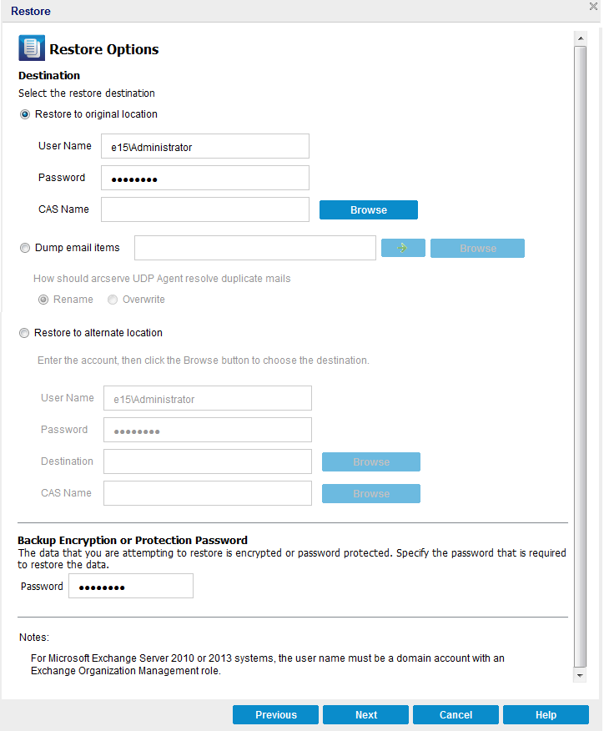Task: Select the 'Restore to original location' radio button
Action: click(25, 114)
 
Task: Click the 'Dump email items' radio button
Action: click(24, 248)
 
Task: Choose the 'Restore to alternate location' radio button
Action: click(24, 333)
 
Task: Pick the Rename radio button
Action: click(43, 300)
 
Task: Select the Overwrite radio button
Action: click(113, 300)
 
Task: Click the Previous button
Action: click(275, 715)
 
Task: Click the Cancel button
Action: click(456, 715)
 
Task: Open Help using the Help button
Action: click(546, 715)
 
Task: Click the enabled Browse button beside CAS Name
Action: click(368, 210)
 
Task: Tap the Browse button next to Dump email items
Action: click(477, 249)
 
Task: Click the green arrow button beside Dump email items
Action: click(403, 248)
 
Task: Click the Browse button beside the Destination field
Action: click(370, 462)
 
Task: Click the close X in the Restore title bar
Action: click(593, 7)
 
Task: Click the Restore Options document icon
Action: click(32, 48)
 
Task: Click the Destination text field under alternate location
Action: click(207, 461)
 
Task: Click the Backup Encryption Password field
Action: click(130, 587)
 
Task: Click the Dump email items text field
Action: click(254, 248)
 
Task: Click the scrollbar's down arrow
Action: click(580, 674)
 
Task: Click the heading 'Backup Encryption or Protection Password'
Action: click(133, 541)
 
